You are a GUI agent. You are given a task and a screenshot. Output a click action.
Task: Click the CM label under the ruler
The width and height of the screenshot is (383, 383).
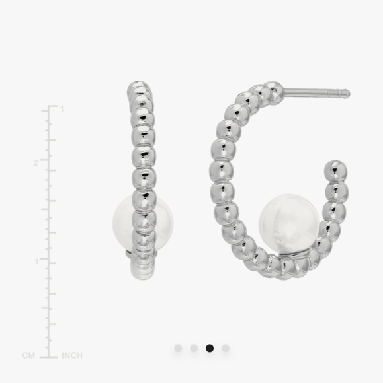[28, 355]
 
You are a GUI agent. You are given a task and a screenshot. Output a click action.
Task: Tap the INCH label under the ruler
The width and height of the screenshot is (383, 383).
[72, 355]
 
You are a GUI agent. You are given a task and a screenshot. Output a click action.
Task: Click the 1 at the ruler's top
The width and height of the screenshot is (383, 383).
[62, 109]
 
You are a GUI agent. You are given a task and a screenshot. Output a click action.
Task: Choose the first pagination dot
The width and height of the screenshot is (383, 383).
[178, 348]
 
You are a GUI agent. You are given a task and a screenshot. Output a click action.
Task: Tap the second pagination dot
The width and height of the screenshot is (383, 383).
[194, 348]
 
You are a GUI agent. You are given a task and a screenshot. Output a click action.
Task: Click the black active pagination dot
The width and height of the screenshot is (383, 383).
[210, 348]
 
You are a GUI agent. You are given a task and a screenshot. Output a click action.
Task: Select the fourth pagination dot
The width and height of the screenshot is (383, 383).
[226, 348]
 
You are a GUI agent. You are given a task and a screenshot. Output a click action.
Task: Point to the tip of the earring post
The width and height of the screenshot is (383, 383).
[347, 94]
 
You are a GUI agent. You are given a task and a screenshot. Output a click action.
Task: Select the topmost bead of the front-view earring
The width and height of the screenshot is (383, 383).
[138, 88]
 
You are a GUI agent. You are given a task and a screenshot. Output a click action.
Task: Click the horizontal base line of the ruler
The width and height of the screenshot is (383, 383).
[48, 356]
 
